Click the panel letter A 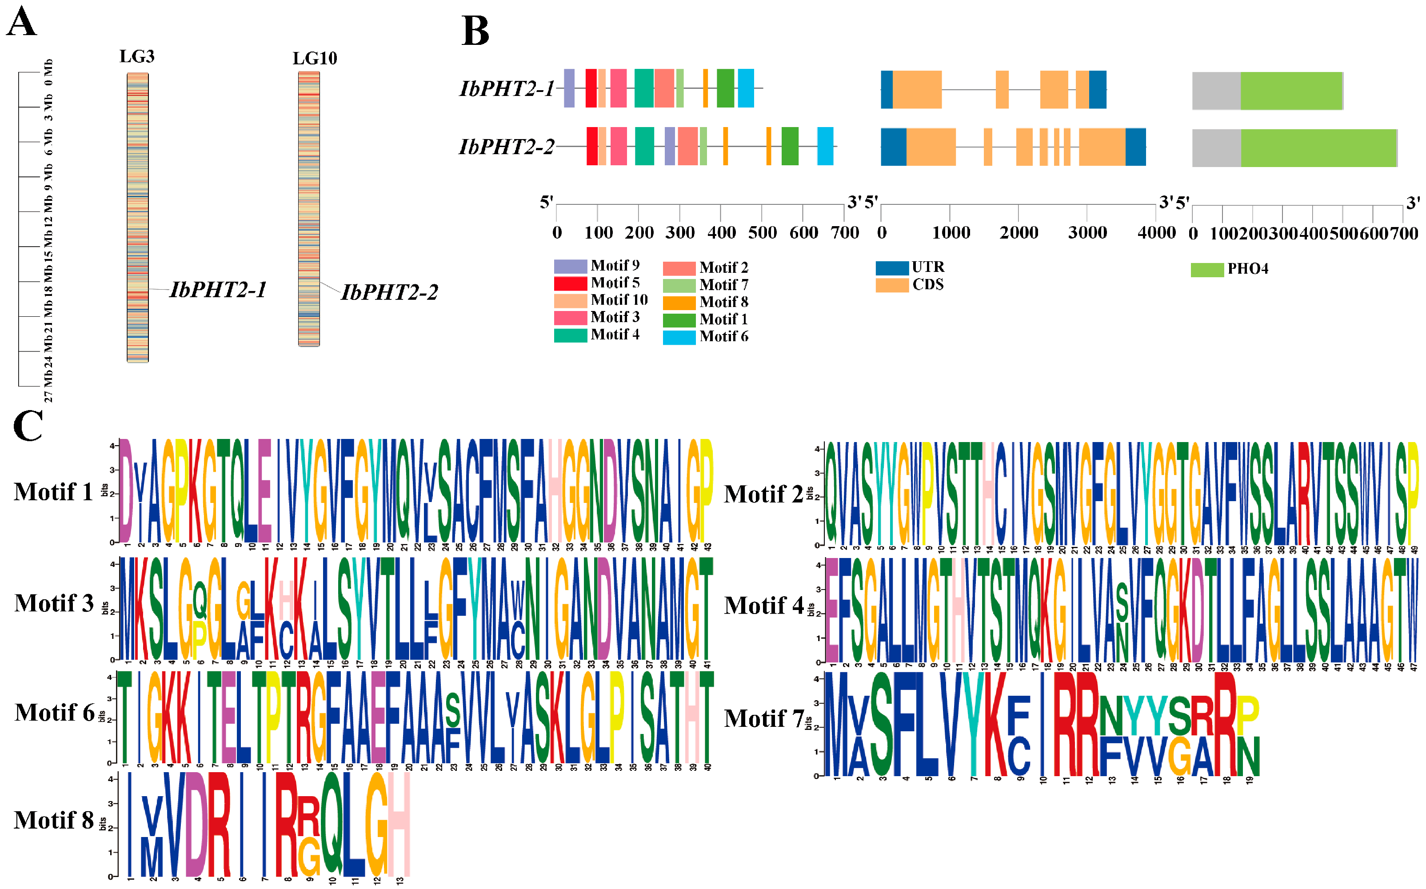pos(22,23)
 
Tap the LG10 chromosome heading pos(315,58)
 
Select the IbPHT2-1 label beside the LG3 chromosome pos(218,290)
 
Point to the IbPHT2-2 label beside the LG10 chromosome pos(389,292)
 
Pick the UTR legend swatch pos(891,268)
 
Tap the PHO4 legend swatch pos(1206,270)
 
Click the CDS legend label pos(928,285)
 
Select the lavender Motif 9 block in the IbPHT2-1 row pos(569,88)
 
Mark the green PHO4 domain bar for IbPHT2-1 pos(1291,91)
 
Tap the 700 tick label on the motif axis pos(844,233)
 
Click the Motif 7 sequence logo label pos(764,718)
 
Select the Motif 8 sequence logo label pos(54,820)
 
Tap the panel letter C pos(28,425)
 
